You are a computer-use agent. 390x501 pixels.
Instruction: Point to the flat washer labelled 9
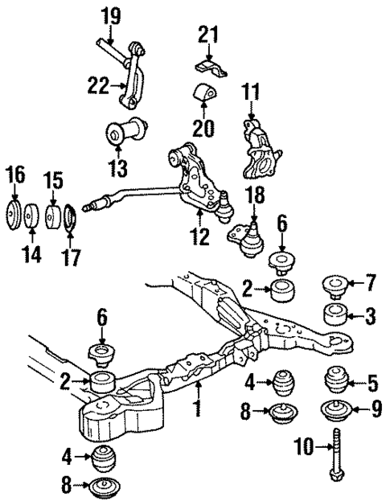[335, 410]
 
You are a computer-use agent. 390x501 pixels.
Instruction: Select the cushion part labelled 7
[334, 286]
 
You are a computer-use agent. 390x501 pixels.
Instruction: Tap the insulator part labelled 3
[335, 314]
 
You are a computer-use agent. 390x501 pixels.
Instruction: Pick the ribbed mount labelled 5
[335, 377]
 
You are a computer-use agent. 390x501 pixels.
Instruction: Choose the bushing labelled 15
[52, 217]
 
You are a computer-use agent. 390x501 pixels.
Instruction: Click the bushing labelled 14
[32, 216]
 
